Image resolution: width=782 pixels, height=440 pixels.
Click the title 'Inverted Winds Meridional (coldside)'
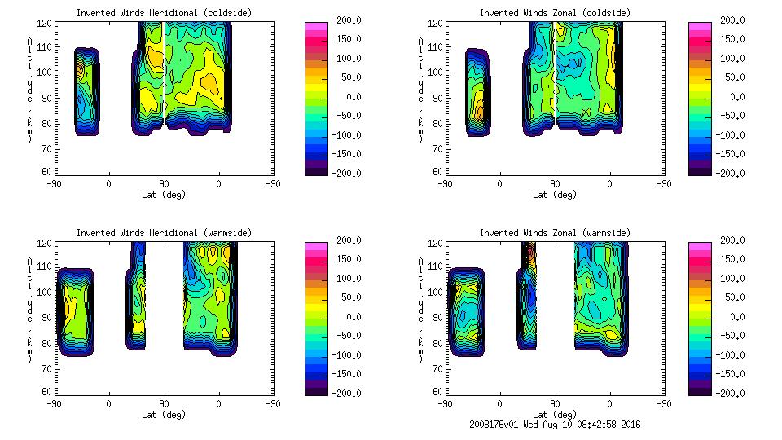(x=164, y=13)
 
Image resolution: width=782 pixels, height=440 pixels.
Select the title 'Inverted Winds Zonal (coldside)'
(x=554, y=13)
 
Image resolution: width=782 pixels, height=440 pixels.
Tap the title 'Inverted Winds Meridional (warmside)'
(x=164, y=233)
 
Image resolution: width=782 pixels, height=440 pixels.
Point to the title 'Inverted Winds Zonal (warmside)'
(x=554, y=233)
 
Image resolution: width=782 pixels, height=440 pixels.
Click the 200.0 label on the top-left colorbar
(x=345, y=20)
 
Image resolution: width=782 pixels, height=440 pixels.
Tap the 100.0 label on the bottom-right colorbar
(x=729, y=279)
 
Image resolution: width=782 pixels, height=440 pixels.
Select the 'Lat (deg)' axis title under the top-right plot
(x=555, y=195)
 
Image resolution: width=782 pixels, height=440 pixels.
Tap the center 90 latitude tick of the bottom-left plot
(x=164, y=403)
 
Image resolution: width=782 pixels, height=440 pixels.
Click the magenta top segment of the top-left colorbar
(x=315, y=27)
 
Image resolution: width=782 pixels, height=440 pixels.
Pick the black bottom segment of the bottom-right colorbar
(x=699, y=389)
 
